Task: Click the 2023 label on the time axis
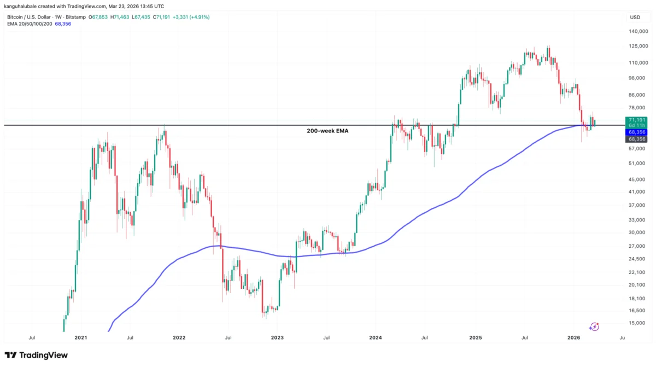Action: click(x=277, y=338)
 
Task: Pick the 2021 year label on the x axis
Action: click(x=81, y=338)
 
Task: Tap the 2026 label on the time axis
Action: click(x=573, y=338)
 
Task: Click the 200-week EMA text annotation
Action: click(x=327, y=131)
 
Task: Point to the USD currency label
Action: click(x=635, y=18)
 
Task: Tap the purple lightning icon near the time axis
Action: click(x=594, y=327)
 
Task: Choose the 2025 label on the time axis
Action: click(x=475, y=338)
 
